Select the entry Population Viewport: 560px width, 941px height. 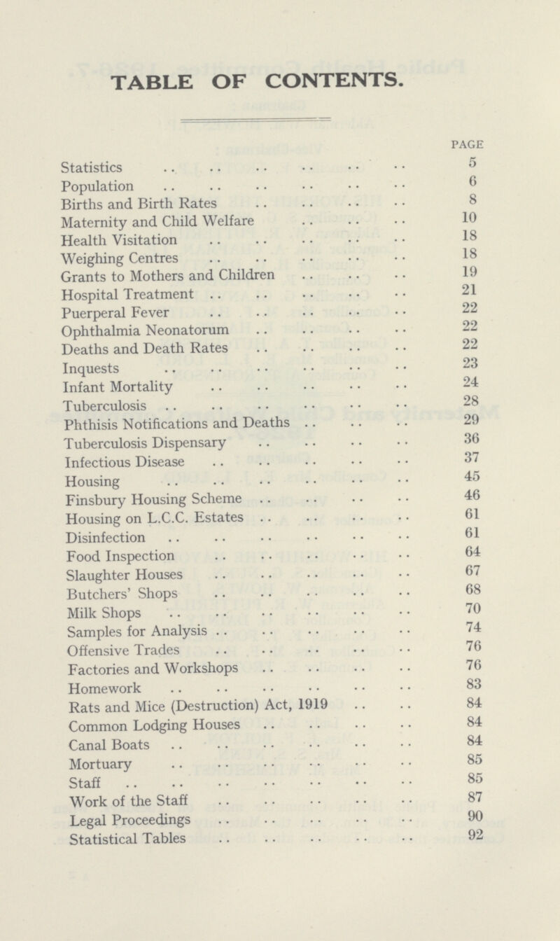(x=97, y=186)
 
